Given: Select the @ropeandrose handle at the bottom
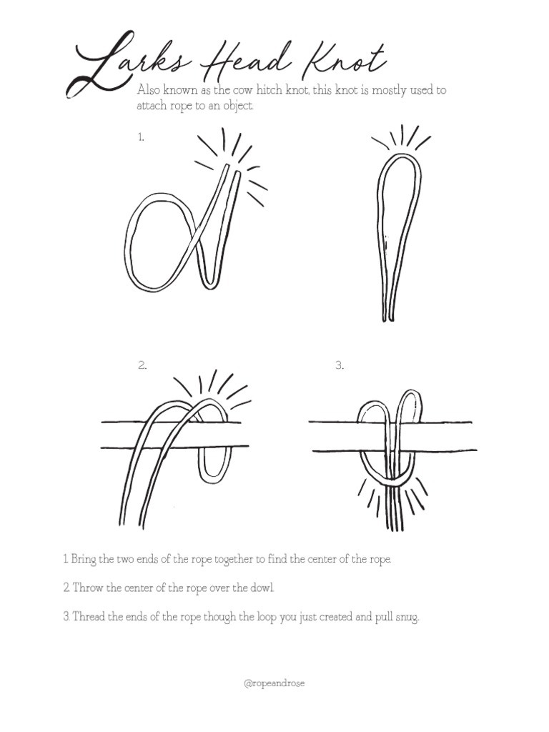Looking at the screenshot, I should [274, 683].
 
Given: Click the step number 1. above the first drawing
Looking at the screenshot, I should [141, 137].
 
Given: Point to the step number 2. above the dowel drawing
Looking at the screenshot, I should [142, 365].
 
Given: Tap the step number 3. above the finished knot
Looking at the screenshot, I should [340, 365].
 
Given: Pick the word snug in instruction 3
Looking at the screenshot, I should [406, 616].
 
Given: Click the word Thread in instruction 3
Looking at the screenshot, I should [89, 616].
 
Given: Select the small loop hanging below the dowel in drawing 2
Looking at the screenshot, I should [214, 465].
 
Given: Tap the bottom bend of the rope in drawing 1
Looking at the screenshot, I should [207, 283].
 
